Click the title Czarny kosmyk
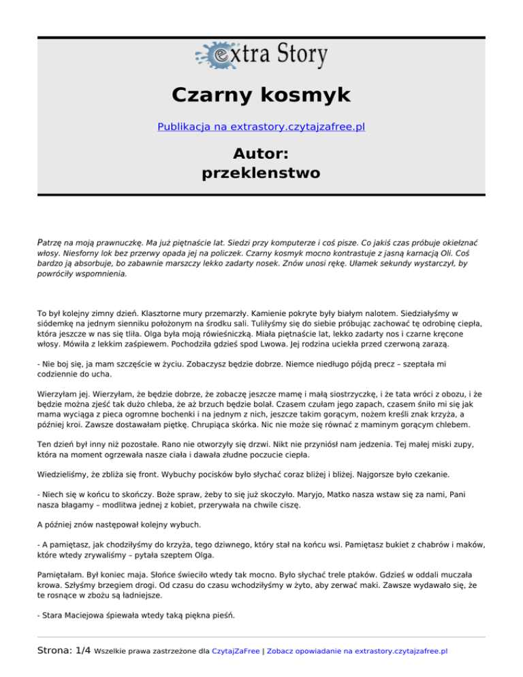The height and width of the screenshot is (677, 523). (x=261, y=95)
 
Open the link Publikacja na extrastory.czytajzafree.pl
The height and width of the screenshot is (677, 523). (x=261, y=127)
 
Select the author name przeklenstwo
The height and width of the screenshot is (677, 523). (x=261, y=173)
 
